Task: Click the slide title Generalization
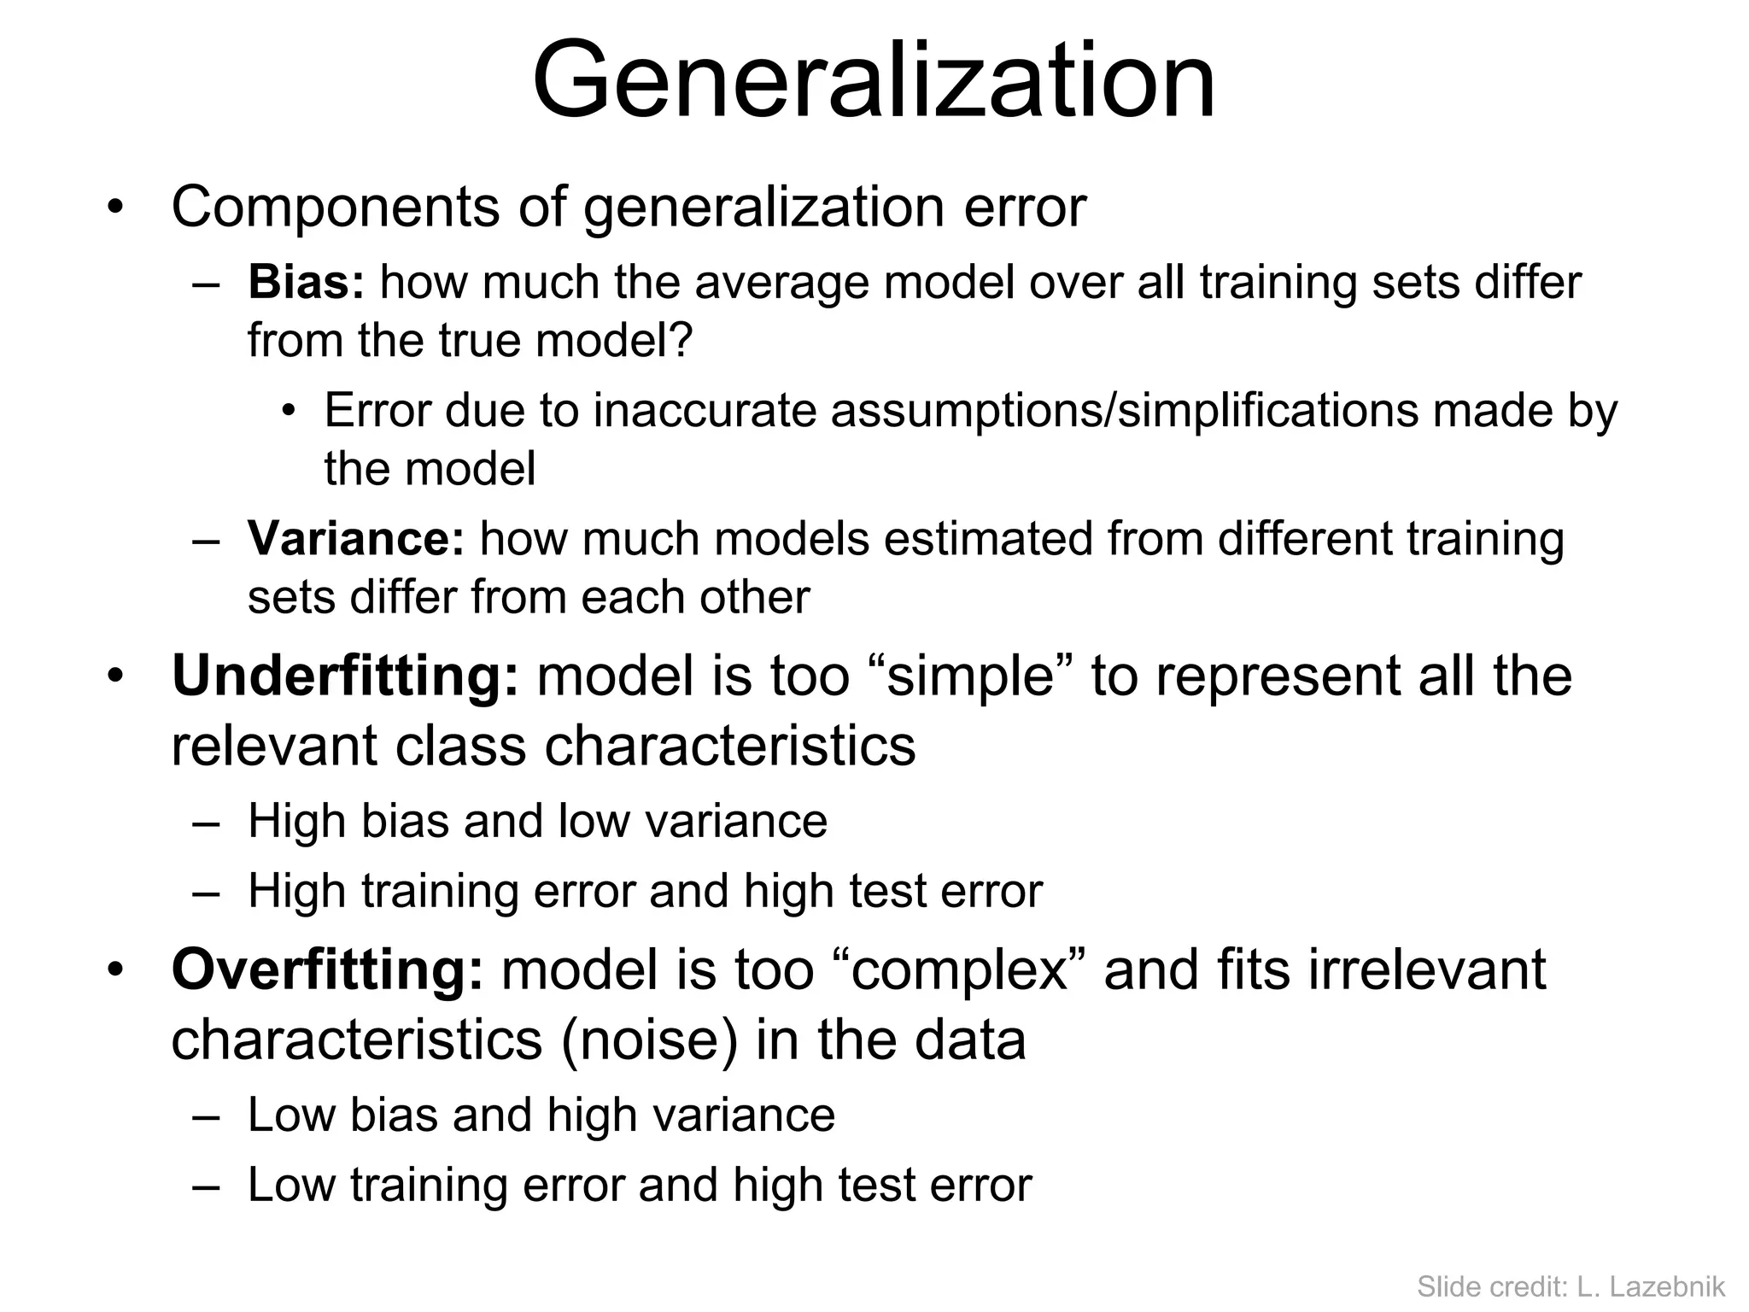(874, 81)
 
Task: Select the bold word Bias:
(306, 283)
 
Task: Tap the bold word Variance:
(355, 539)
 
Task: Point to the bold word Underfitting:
(345, 676)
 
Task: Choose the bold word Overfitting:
(327, 969)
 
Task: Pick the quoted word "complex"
(961, 969)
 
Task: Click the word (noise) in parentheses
(648, 1040)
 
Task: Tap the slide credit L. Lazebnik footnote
(1571, 1286)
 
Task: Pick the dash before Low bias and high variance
(206, 1116)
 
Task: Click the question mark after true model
(681, 341)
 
